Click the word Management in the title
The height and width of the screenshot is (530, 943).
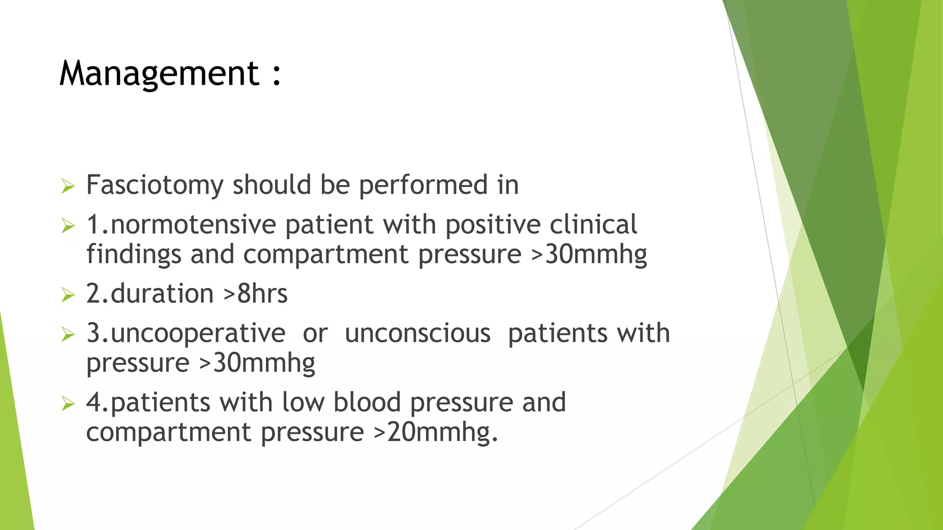(x=159, y=74)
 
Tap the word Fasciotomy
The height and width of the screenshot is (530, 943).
(x=155, y=185)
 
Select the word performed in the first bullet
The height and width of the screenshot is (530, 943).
(x=423, y=185)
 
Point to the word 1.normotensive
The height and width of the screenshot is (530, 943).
(x=181, y=225)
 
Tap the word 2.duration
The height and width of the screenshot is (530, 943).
(x=150, y=294)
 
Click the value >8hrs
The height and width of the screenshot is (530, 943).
(x=256, y=294)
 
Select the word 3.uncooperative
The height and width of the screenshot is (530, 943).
(x=186, y=334)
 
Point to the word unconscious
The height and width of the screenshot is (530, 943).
(x=417, y=333)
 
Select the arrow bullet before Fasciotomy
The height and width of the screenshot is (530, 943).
(x=68, y=186)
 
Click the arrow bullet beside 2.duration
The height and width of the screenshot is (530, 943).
(x=68, y=295)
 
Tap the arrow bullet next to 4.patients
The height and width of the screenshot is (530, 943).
(x=68, y=404)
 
